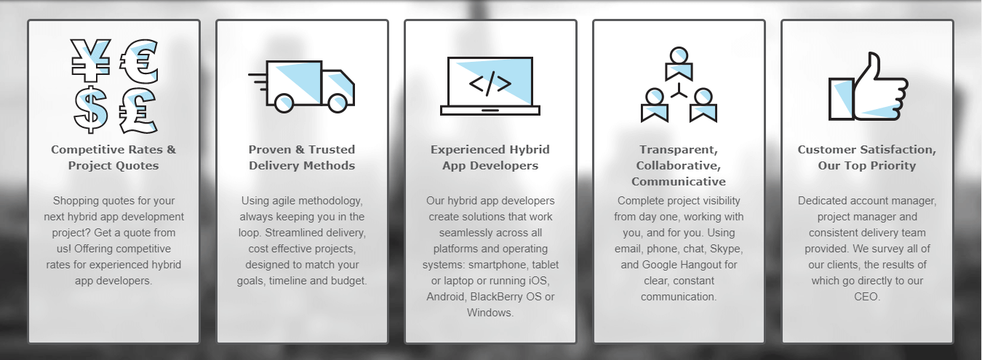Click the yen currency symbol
90,60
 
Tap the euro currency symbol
138,61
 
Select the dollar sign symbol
90,110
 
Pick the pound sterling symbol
137,111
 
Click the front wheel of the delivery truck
338,103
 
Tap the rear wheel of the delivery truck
284,103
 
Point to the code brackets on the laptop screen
490,84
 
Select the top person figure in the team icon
679,64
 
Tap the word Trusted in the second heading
332,150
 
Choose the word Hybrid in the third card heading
529,150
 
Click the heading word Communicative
679,182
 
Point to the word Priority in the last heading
893,166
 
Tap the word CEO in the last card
866,297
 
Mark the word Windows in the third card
490,313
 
